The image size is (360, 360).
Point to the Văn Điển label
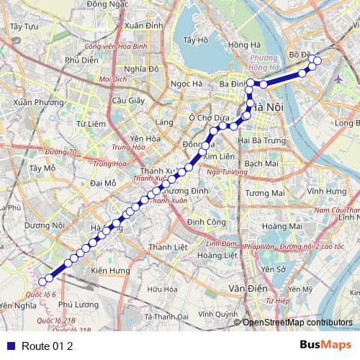(x=243, y=287)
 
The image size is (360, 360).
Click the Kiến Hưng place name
(x=109, y=270)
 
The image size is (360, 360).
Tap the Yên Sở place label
(x=274, y=269)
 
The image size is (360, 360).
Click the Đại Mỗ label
(x=104, y=184)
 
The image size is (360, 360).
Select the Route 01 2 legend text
(x=48, y=346)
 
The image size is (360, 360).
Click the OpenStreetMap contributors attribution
(x=297, y=323)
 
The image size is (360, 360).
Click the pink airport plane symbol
(x=339, y=78)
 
